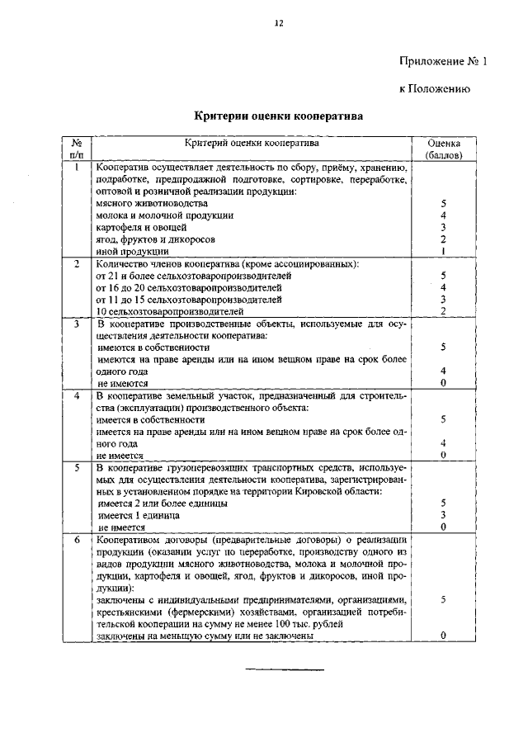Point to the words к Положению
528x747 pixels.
(435, 89)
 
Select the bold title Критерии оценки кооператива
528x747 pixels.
(278, 117)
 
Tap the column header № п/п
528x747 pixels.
(76, 148)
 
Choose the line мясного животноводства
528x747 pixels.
(152, 202)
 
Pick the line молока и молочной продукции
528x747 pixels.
(164, 215)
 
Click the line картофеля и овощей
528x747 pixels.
(141, 227)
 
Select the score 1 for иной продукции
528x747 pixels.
(443, 251)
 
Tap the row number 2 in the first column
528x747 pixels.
(76, 263)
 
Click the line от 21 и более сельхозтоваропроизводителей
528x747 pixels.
(189, 276)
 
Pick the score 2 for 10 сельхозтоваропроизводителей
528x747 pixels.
(443, 311)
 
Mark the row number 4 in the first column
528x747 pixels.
(76, 395)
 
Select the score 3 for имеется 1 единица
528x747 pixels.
(443, 514)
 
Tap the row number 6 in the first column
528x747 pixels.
(76, 538)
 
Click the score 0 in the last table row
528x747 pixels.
(443, 636)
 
